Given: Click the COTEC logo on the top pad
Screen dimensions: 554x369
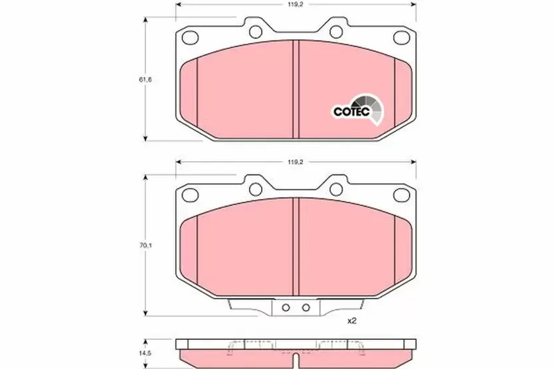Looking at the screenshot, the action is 358,110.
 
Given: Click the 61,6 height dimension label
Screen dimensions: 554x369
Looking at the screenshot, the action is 145,80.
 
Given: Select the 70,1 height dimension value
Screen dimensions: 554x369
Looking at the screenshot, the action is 145,246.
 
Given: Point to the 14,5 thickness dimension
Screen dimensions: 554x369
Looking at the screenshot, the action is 145,354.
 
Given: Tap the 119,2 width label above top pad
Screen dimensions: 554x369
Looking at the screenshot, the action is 296,4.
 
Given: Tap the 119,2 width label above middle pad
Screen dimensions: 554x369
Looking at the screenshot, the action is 296,162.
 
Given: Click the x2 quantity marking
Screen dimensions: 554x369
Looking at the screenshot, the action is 352,321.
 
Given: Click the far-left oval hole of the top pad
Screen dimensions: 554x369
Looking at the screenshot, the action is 190,37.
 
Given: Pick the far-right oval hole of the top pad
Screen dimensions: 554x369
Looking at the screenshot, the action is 402,37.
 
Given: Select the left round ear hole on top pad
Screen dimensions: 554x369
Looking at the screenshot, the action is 256,32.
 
